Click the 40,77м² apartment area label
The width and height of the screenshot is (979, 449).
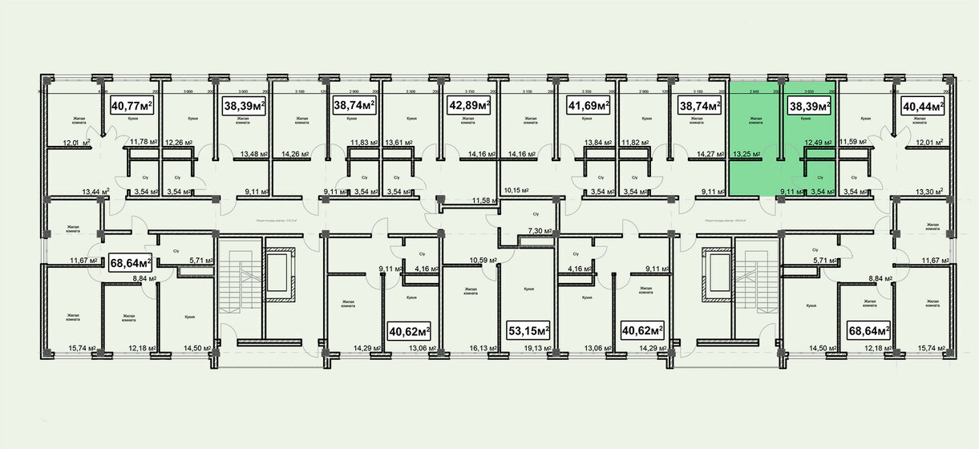132,105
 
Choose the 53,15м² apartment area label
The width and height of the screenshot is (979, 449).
529,330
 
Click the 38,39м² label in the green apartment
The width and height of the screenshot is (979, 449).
809,105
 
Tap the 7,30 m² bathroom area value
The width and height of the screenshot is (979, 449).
540,231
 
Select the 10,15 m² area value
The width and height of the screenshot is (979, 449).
518,192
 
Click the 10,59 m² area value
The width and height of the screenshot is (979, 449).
483,260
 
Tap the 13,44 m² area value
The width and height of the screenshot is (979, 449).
95,192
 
